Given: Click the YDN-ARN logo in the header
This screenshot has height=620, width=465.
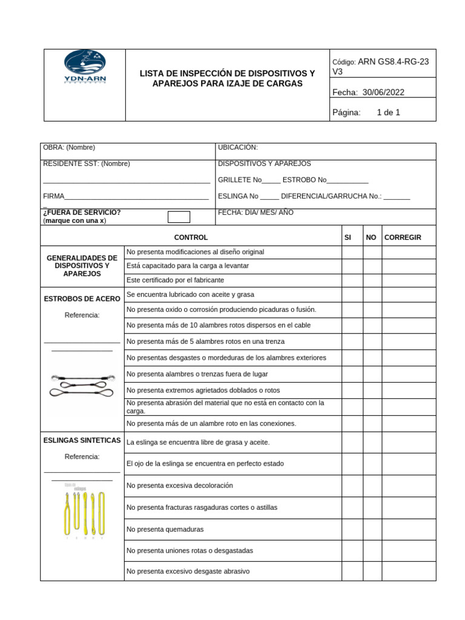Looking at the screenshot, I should pos(85,69).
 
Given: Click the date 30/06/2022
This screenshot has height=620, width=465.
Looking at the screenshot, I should pos(384,92).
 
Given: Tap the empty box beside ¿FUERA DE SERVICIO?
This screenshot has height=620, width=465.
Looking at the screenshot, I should pos(179,217).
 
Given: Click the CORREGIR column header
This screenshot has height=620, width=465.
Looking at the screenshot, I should pos(403,237).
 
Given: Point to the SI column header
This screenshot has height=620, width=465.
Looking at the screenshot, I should pos(348,237).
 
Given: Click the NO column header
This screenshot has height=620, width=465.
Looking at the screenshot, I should pos(371,237).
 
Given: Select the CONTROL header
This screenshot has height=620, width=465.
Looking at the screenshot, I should pos(191,237).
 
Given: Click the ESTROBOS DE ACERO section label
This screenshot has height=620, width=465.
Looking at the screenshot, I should pos(82,298).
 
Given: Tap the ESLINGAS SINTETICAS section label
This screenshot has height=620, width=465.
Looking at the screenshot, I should pos(82,440).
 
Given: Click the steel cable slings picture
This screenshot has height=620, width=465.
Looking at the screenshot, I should pos(82,384).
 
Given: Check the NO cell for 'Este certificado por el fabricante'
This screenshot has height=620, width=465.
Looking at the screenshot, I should pos(372,280).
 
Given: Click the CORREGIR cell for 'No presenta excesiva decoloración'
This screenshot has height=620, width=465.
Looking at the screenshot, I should pos(409,486).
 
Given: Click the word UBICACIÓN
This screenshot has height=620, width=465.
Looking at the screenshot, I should pos(238,147).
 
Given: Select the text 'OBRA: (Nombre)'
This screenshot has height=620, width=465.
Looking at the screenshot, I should pos(69,147).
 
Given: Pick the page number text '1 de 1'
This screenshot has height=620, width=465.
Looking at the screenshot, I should pos(388,112).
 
